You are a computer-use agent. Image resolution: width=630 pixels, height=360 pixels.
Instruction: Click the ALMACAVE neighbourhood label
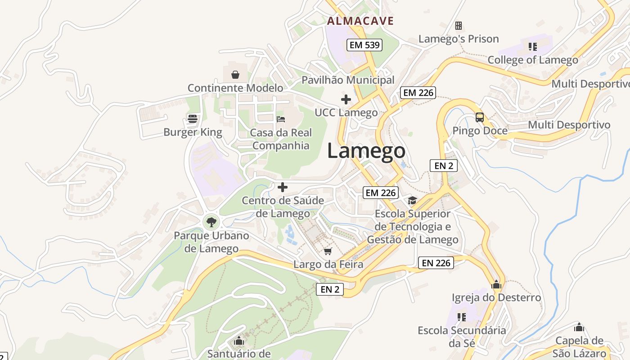pyautogui.click(x=360, y=21)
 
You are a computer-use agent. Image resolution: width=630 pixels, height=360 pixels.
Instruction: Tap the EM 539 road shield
pyautogui.click(x=364, y=45)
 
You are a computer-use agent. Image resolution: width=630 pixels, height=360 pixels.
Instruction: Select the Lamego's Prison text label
pyautogui.click(x=459, y=39)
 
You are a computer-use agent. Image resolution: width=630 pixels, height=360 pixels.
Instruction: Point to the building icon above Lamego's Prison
pyautogui.click(x=459, y=25)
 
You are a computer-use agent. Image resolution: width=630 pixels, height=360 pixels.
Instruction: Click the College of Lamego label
pyautogui.click(x=533, y=60)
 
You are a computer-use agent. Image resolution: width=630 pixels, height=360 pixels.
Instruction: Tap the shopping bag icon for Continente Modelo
pyautogui.click(x=235, y=74)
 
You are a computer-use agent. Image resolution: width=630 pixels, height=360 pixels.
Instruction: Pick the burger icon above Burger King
pyautogui.click(x=193, y=119)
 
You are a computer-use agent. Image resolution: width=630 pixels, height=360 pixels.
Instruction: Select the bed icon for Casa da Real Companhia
pyautogui.click(x=281, y=119)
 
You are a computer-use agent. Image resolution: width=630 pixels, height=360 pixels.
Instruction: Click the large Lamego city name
pyautogui.click(x=366, y=151)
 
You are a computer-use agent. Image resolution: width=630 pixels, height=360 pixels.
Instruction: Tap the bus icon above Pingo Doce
pyautogui.click(x=480, y=117)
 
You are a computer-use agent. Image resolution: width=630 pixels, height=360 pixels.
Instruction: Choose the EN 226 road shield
pyautogui.click(x=436, y=263)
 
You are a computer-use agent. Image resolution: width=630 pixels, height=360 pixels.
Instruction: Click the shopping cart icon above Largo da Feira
pyautogui.click(x=328, y=251)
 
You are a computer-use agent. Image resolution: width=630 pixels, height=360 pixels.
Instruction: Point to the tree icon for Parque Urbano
pyautogui.click(x=211, y=221)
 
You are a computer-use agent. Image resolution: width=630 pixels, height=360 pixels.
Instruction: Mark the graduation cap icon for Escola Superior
pyautogui.click(x=413, y=200)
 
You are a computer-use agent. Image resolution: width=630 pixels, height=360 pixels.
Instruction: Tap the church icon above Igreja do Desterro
pyautogui.click(x=496, y=284)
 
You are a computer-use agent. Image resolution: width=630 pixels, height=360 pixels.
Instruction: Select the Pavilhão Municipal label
pyautogui.click(x=348, y=80)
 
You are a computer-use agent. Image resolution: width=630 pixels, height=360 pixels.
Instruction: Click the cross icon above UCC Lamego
pyautogui.click(x=346, y=99)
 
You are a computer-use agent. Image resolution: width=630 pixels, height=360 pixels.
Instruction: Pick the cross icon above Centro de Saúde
pyautogui.click(x=283, y=187)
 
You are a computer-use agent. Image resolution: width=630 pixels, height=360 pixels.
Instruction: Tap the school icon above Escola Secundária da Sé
pyautogui.click(x=461, y=317)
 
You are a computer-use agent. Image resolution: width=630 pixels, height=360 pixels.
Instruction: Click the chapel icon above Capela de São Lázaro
pyautogui.click(x=579, y=327)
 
